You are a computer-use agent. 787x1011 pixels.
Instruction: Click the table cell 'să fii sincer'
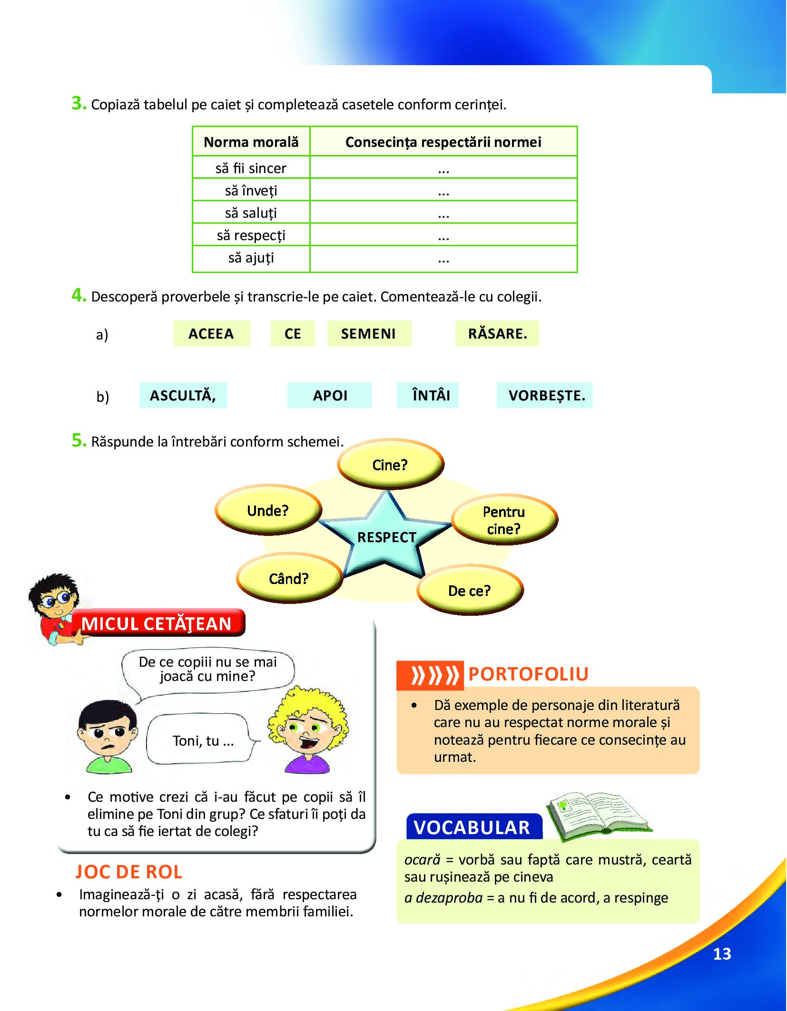251,168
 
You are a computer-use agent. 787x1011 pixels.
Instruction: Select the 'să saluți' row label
251,213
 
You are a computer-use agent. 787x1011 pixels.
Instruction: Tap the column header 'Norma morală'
251,142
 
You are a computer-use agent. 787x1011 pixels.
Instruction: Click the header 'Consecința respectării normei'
443,142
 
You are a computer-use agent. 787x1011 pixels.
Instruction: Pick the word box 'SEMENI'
369,333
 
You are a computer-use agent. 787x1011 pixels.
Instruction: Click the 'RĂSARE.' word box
497,333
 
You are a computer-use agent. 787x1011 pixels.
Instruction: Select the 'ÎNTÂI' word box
427,395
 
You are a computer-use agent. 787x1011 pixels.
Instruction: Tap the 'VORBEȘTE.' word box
544,395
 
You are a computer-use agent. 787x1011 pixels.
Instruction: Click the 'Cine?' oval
390,464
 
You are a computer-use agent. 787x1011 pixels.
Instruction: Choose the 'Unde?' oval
268,510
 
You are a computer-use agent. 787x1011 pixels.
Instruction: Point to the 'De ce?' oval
470,590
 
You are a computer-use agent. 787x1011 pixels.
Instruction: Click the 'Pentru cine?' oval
504,520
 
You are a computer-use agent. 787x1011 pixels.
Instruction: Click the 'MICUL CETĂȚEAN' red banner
157,623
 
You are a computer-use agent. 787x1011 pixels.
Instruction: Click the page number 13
722,954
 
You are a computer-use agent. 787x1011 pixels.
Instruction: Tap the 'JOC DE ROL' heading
129,872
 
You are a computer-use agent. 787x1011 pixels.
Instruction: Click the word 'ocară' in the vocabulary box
423,860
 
